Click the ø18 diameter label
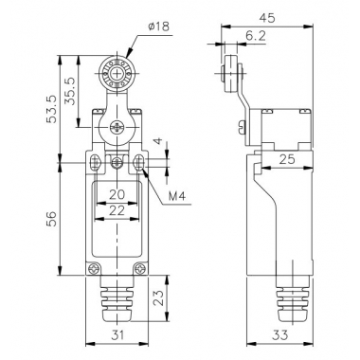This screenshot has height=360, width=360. (x=158, y=27)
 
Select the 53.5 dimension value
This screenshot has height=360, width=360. (x=52, y=109)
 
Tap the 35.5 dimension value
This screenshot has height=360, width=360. (x=69, y=91)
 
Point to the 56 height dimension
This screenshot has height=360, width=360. (x=52, y=219)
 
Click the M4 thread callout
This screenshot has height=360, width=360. (x=176, y=197)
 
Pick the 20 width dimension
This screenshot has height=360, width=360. (x=117, y=195)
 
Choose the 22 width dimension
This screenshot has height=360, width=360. (x=117, y=210)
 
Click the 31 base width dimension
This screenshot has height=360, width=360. (x=117, y=334)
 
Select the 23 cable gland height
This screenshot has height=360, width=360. (x=159, y=297)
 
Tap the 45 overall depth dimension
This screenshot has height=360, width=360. (x=267, y=18)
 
